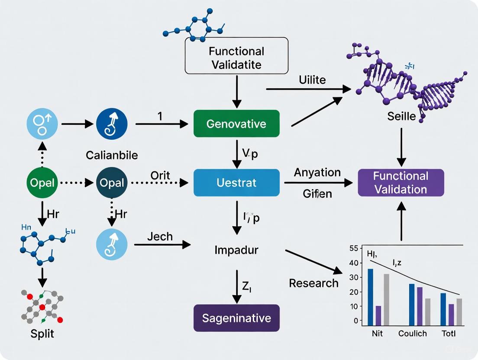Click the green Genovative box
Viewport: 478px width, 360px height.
point(236,124)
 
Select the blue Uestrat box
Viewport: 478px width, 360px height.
point(236,183)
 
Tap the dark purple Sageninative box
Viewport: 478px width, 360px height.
point(236,318)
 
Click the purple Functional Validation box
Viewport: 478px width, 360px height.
point(400,183)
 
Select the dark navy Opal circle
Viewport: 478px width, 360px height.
point(112,183)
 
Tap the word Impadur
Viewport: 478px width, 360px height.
point(236,250)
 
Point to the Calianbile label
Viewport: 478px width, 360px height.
point(112,154)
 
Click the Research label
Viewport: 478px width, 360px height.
point(313,283)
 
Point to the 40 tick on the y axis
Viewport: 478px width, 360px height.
point(354,263)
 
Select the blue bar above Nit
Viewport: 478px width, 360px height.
point(370,297)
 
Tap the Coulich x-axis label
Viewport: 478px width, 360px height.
point(412,334)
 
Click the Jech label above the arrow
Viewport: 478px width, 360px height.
point(159,236)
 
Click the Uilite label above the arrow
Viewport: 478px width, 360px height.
point(312,80)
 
